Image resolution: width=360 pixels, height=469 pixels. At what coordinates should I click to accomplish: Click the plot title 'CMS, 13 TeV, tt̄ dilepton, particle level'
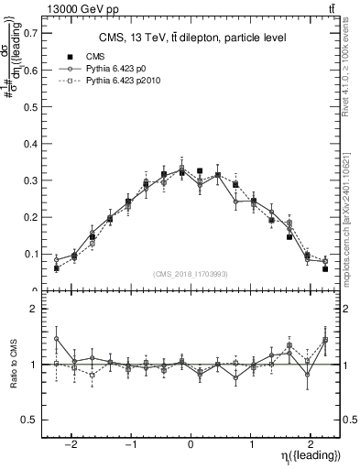point(192,38)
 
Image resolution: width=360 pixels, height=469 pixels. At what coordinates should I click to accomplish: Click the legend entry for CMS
point(97,57)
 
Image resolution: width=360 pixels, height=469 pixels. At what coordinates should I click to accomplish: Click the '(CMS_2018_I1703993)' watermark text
point(191,274)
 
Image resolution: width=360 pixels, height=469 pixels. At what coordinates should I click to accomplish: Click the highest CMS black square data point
point(200,170)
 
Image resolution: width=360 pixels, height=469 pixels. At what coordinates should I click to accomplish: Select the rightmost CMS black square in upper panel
point(325,268)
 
